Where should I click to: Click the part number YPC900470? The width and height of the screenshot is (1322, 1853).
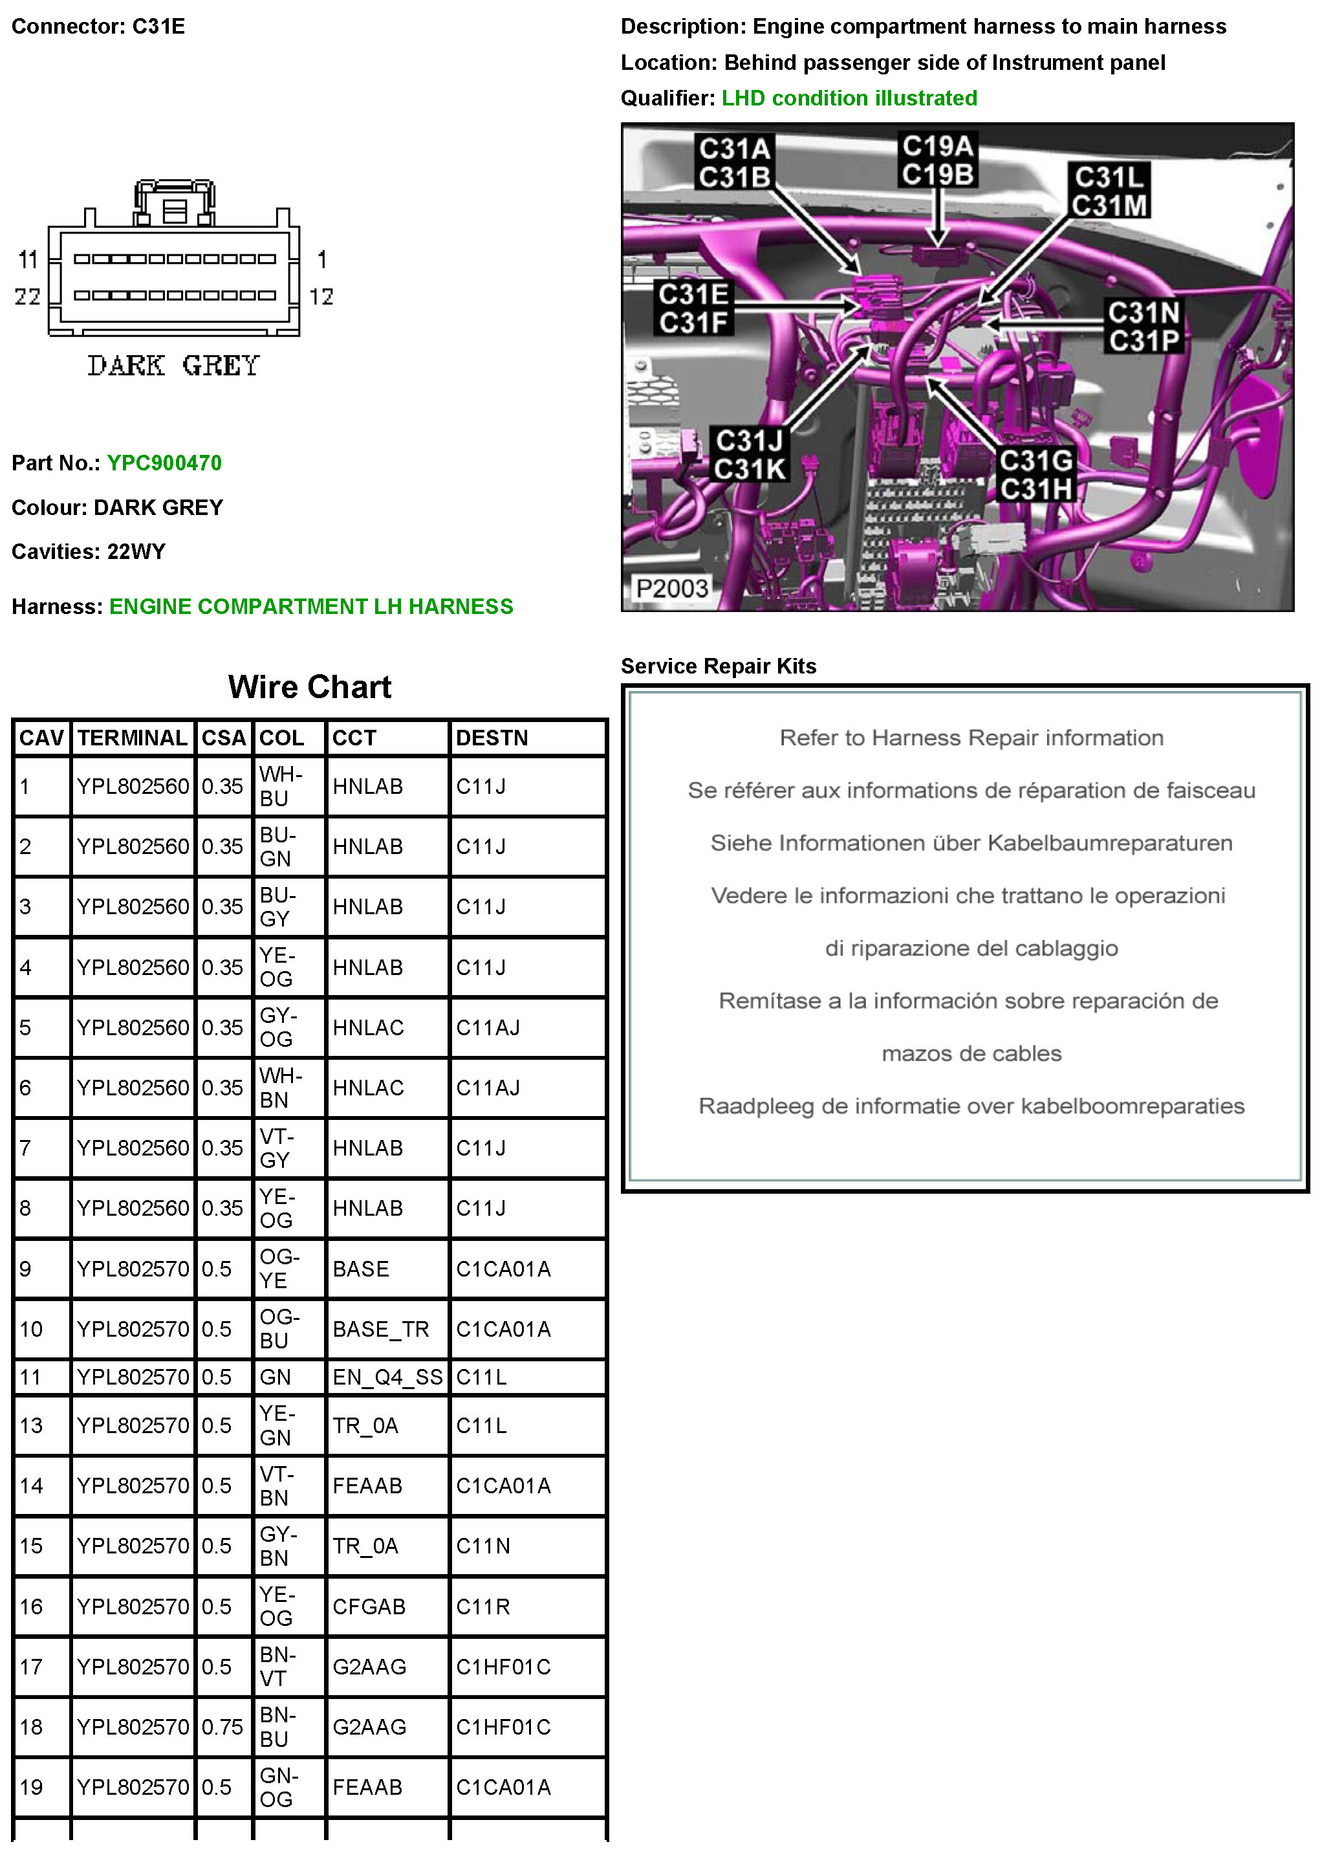point(164,463)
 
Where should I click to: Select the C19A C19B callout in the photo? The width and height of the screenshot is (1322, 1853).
point(937,160)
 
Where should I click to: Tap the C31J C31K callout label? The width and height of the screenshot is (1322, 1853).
point(749,454)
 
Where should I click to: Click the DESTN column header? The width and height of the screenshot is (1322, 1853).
point(492,738)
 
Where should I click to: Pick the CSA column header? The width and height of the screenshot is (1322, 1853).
point(223,738)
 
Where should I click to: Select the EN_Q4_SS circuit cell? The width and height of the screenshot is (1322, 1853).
point(387,1377)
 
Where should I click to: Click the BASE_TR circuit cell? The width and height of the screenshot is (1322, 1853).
point(380,1329)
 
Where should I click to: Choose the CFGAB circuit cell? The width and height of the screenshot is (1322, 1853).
point(369,1606)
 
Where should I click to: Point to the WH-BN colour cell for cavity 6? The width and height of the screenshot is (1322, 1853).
point(279,1088)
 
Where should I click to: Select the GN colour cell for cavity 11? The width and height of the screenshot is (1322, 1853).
point(275,1377)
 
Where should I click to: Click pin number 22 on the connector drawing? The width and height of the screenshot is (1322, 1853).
point(27,296)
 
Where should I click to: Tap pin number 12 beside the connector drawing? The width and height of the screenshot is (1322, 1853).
point(321,296)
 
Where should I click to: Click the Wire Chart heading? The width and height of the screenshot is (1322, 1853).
point(309,687)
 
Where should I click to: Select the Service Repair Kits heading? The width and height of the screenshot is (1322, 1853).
point(718,666)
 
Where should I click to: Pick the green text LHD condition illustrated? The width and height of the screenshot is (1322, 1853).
point(849,98)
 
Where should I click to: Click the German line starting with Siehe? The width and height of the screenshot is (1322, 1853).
point(971,842)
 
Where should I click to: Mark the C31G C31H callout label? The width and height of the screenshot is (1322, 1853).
point(1035,475)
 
